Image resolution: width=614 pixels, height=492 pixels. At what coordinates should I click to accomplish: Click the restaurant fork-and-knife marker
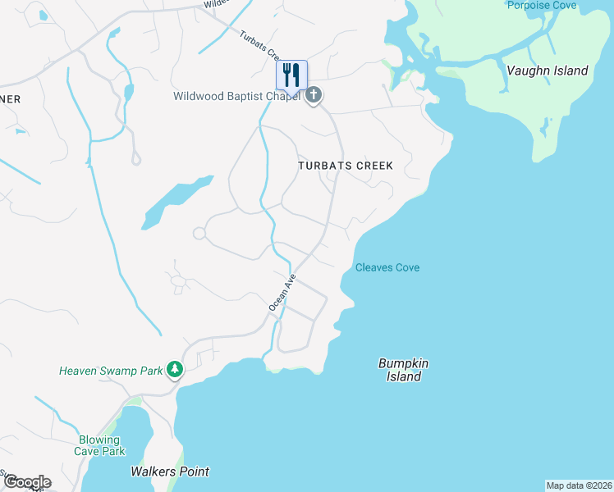[x=291, y=75]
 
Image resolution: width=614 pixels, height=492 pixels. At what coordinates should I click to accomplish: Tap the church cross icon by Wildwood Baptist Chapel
[x=313, y=97]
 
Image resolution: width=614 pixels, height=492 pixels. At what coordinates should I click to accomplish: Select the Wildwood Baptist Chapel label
[x=236, y=97]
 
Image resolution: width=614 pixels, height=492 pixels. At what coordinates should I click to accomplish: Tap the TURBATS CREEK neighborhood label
[x=345, y=166]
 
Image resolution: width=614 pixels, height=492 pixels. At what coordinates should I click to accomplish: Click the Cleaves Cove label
[x=387, y=267]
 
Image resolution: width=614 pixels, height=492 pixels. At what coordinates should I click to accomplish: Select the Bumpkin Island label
[x=404, y=370]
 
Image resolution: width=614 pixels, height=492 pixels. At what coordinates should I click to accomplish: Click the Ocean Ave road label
[x=282, y=292]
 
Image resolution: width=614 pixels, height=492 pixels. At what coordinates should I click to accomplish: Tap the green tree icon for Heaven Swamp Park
[x=174, y=371]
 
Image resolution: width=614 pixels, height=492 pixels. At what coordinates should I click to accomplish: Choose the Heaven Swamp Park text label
[x=111, y=371]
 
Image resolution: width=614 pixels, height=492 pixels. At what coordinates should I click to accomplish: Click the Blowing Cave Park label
[x=102, y=445]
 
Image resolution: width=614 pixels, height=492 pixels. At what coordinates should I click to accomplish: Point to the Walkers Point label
[x=170, y=471]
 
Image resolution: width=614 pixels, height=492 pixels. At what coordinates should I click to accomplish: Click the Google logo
[x=26, y=482]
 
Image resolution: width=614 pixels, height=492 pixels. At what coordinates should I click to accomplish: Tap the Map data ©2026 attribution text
[x=579, y=485]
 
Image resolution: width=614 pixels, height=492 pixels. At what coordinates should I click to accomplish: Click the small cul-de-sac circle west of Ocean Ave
[x=199, y=234]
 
